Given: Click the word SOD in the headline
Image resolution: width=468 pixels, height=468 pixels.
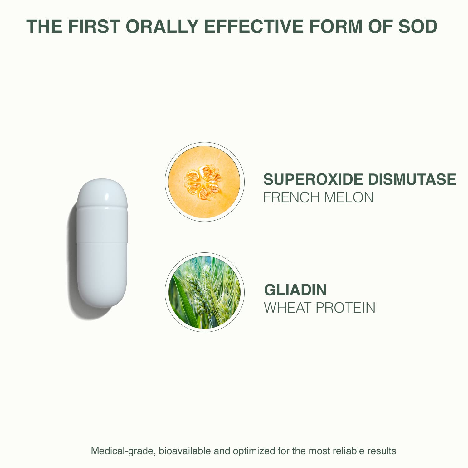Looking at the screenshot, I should click(418, 26).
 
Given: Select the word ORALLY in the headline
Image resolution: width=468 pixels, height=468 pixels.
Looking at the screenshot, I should click(162, 26).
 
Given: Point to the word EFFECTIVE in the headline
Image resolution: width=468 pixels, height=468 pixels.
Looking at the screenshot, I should click(254, 26).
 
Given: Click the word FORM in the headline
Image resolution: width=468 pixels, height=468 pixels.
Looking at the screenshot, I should click(336, 26).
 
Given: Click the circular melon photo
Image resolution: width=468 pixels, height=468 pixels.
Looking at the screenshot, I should click(204, 182).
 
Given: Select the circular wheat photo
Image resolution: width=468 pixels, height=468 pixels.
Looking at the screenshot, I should click(204, 292).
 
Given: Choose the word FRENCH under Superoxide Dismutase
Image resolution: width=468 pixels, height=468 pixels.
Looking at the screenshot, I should click(291, 197).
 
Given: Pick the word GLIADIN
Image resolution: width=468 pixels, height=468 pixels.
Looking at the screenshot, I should click(295, 290).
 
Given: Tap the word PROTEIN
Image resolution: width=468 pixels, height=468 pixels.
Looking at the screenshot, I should click(345, 308).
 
